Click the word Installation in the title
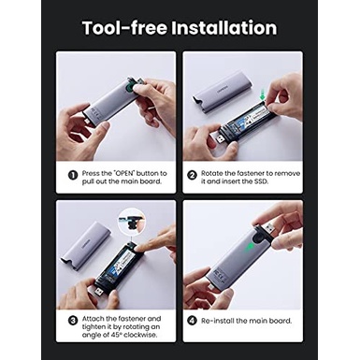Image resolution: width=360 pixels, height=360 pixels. point(224,28)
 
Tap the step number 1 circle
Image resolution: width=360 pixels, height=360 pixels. point(73,175)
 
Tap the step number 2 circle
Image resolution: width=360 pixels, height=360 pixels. point(192,175)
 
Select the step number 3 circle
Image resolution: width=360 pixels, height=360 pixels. point(73,321)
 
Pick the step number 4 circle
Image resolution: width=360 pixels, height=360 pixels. point(192,321)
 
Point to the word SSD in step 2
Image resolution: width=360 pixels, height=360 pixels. point(261,181)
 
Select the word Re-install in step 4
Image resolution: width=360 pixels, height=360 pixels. point(217,321)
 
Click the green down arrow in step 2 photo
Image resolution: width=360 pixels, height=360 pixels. point(263,94)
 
